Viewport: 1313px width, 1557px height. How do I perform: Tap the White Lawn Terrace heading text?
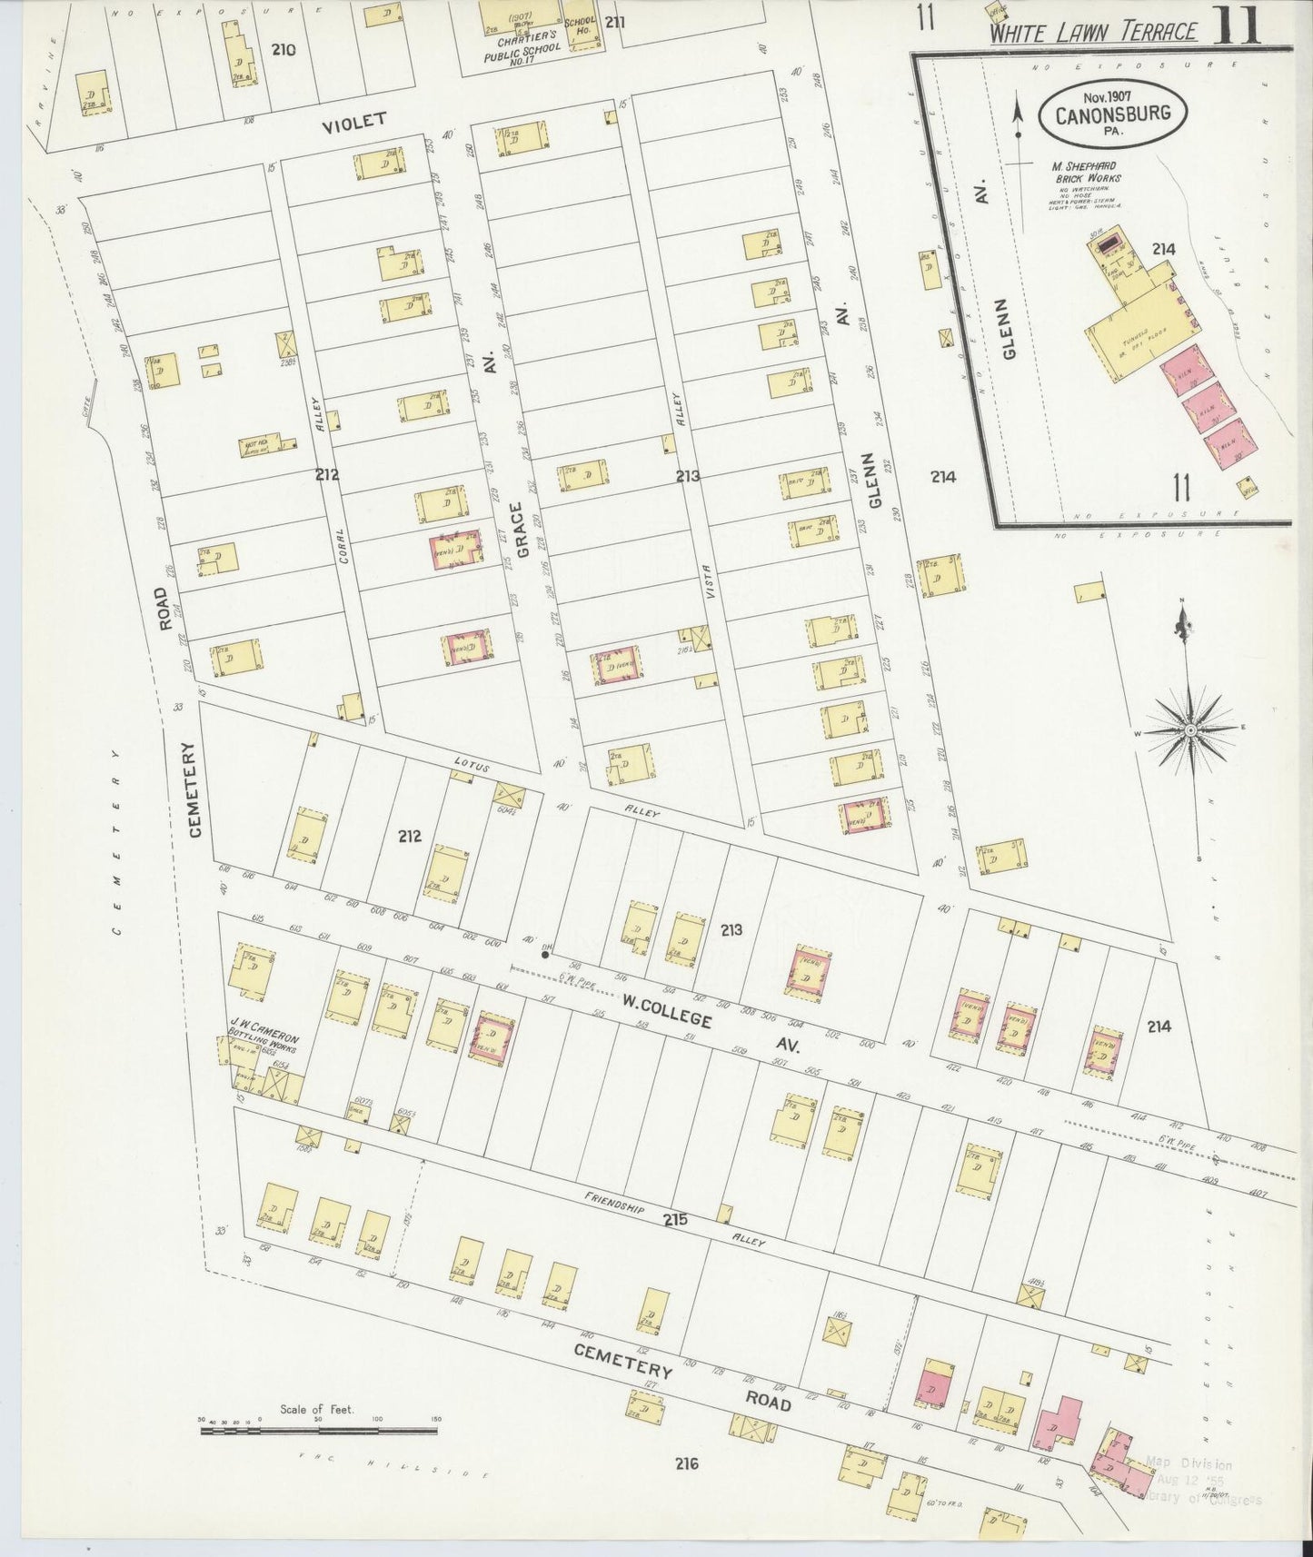(1092, 33)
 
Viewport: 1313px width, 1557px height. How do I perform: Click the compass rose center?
(1189, 729)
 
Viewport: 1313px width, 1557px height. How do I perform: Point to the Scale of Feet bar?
(318, 1431)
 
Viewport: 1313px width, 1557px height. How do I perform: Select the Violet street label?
(354, 119)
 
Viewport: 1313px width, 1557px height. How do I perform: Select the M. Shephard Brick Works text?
(1086, 173)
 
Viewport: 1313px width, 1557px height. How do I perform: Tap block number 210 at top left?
(283, 50)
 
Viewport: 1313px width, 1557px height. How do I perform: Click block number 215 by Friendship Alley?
(675, 1221)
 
